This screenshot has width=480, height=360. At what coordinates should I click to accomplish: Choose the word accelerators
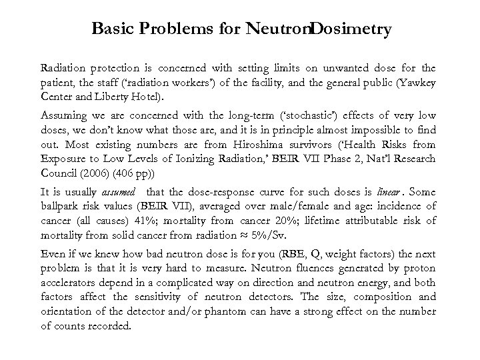[x=69, y=282]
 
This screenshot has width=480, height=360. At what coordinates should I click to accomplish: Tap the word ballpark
[x=59, y=205]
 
